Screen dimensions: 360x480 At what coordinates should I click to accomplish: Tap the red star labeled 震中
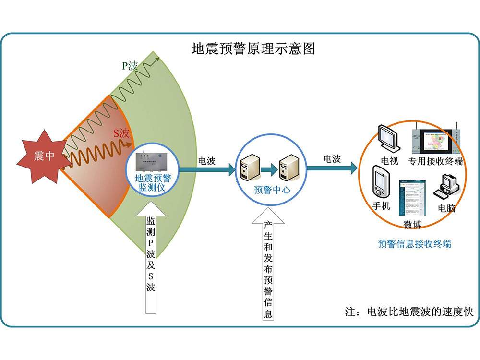44,156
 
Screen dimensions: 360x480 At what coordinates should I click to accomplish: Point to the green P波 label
129,66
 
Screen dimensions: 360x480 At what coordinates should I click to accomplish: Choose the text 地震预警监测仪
152,182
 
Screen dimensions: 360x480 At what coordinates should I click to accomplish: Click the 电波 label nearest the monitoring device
206,160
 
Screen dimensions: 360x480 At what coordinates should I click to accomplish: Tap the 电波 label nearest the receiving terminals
332,158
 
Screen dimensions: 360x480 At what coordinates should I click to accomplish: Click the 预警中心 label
272,190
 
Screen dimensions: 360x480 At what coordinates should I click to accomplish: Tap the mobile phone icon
381,180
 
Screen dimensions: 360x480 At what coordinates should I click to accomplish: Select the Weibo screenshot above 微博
412,199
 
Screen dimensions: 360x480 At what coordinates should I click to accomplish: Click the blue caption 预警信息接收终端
414,244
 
